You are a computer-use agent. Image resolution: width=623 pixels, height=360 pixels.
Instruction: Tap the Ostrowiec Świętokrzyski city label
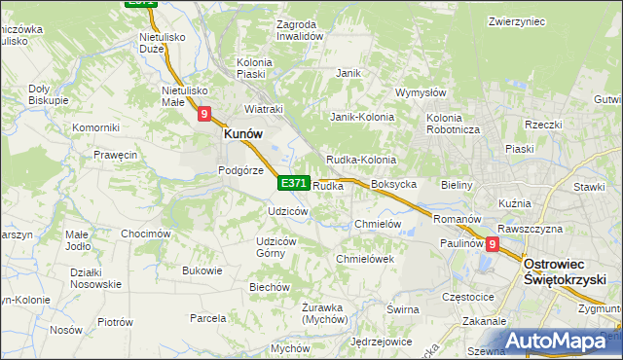pos(566,271)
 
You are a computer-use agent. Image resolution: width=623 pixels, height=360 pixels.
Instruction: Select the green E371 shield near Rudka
pos(294,183)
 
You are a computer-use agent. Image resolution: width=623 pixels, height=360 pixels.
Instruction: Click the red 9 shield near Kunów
pos(204,114)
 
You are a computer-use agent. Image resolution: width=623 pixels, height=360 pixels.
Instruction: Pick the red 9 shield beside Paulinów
pos(493,245)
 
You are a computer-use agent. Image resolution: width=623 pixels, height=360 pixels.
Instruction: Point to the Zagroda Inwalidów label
pos(299,29)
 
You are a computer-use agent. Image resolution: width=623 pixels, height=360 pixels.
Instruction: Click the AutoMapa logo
pos(561,342)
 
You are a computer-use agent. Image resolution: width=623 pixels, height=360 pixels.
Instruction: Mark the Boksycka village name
pos(394,184)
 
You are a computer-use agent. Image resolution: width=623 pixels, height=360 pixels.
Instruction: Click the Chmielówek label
pos(364,260)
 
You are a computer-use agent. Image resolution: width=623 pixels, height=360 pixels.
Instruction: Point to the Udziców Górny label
pos(275,247)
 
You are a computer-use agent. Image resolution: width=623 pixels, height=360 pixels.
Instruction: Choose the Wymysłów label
pos(421,93)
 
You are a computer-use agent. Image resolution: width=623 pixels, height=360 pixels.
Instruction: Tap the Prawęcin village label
pos(115,155)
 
